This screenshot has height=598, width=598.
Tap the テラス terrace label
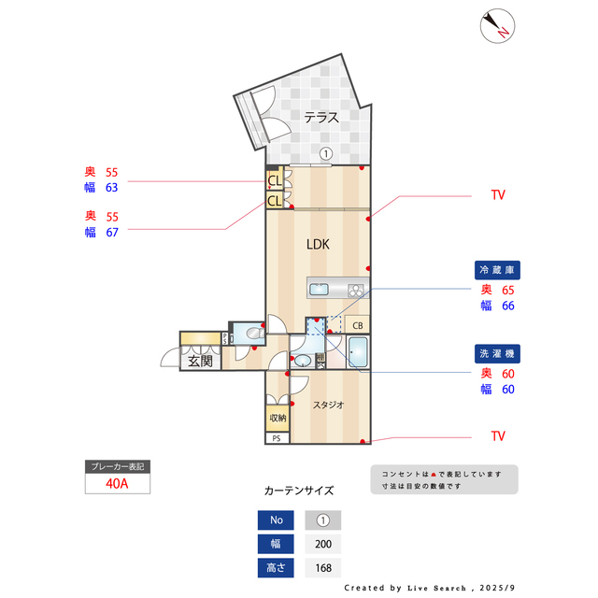320,117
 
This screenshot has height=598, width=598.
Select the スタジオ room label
328,405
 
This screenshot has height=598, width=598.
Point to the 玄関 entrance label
200,361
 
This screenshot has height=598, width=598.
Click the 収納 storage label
278,418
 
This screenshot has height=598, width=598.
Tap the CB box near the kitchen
357,325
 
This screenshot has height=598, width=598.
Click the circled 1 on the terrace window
325,154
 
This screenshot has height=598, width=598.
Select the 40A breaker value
118,484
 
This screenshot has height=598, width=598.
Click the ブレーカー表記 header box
118,466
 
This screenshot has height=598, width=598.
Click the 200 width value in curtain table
322,544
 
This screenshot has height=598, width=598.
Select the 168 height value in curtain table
322,567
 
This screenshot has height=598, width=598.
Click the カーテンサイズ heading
299,490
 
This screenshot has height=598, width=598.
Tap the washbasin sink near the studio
304,360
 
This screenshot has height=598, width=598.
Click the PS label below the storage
277,437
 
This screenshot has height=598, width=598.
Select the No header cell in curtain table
276,520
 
